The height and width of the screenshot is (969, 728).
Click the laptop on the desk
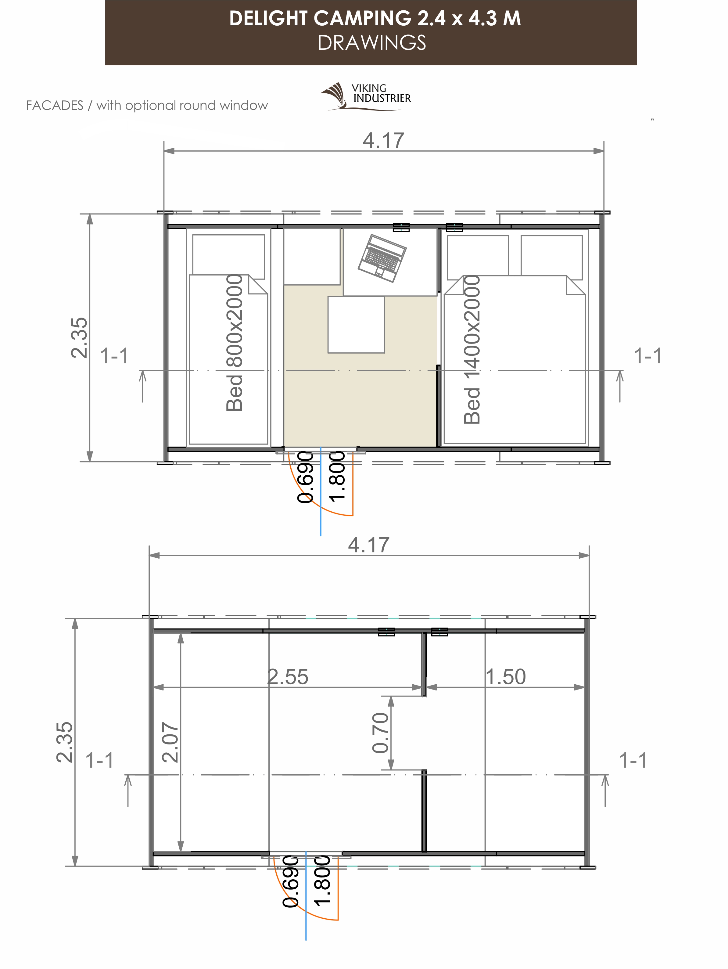382,258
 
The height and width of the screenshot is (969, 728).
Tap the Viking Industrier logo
366,95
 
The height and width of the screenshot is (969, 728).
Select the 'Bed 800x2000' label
234,343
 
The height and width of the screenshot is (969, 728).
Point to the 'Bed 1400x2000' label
472,349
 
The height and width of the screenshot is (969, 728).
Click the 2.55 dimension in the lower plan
288,676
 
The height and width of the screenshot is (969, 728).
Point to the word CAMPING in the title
362,18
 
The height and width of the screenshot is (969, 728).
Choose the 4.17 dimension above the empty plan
369,545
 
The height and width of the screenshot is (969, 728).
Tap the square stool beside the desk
356,325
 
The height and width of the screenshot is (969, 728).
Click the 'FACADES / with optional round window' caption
147,106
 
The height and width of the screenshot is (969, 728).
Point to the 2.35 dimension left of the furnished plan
79,338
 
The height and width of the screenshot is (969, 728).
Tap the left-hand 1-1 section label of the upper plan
114,356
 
